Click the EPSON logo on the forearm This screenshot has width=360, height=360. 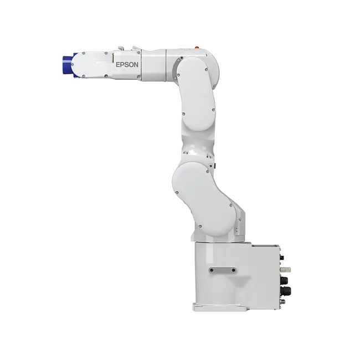click(127, 65)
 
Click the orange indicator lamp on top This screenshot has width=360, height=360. click(197, 47)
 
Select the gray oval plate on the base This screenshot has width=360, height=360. click(223, 270)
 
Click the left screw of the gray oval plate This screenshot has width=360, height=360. click(212, 270)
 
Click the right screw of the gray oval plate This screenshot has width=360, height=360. click(234, 270)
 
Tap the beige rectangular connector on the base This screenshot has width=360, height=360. click(286, 269)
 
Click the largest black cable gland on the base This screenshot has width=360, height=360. click(286, 290)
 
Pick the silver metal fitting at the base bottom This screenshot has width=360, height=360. click(284, 301)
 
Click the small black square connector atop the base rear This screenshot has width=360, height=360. click(282, 258)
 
